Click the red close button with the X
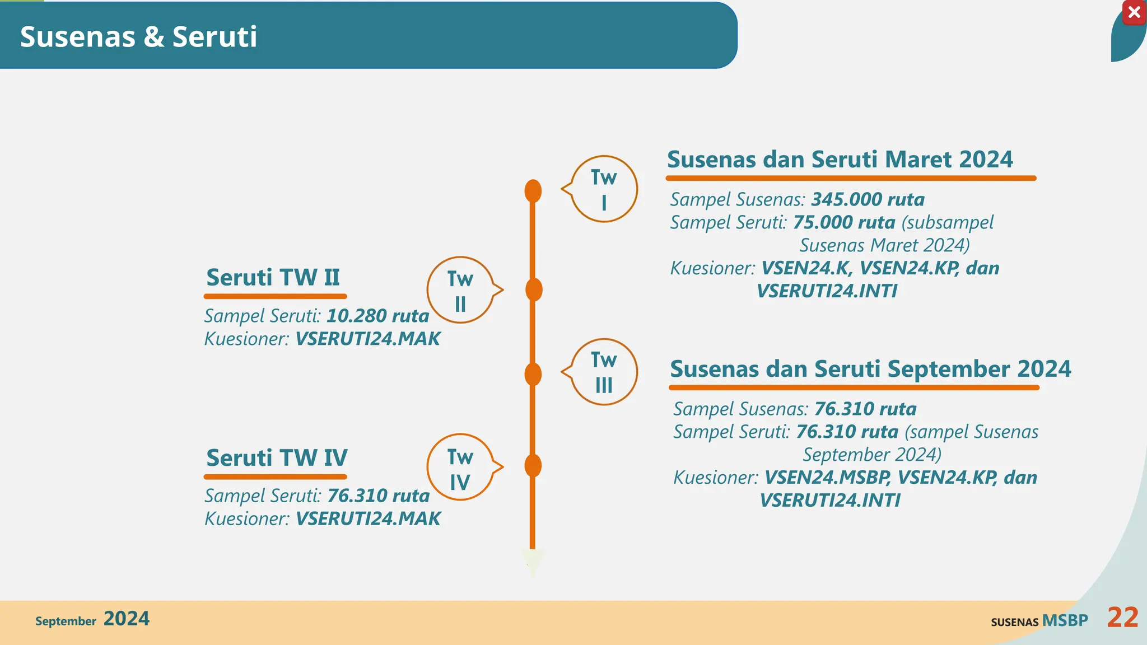pyautogui.click(x=1134, y=12)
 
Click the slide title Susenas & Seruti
pyautogui.click(x=138, y=37)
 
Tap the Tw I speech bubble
pyautogui.click(x=604, y=189)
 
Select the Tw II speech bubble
pyautogui.click(x=460, y=291)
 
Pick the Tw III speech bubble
pyautogui.click(x=604, y=372)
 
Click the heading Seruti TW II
pyautogui.click(x=273, y=278)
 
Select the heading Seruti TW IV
pyautogui.click(x=277, y=458)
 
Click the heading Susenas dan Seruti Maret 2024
pyautogui.click(x=840, y=160)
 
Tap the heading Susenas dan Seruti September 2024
pyautogui.click(x=870, y=369)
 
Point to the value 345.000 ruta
pyautogui.click(x=868, y=199)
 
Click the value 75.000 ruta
pyautogui.click(x=844, y=222)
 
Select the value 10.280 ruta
pyautogui.click(x=377, y=316)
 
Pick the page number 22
pyautogui.click(x=1122, y=618)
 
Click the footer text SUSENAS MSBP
pyautogui.click(x=1039, y=621)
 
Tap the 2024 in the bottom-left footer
pyautogui.click(x=127, y=619)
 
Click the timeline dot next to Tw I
pyautogui.click(x=533, y=191)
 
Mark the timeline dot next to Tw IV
pyautogui.click(x=533, y=466)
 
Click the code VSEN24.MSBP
pyautogui.click(x=827, y=478)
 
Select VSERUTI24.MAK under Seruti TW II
pyautogui.click(x=367, y=339)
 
